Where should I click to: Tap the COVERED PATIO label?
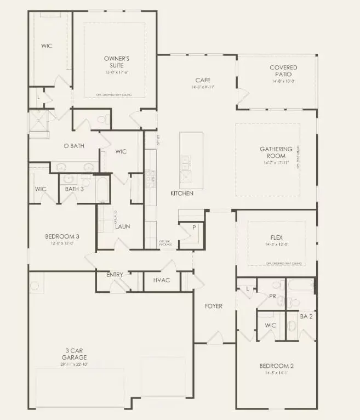280,71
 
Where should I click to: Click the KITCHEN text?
182,194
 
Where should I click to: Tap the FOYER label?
214,306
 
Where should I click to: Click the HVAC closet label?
162,280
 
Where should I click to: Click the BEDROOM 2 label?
277,366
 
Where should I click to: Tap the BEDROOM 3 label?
62,237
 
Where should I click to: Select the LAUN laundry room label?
122,226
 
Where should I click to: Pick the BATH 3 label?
75,189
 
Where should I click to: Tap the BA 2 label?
306,316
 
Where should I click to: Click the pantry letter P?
193,226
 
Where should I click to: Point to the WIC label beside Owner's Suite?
47,46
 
